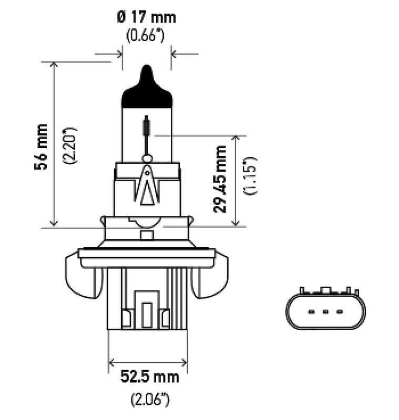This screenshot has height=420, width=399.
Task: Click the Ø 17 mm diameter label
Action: tap(147, 17)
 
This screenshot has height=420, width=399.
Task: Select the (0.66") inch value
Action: tap(145, 35)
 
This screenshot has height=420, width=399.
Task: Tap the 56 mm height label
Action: tap(41, 147)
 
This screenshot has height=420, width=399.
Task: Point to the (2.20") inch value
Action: tap(70, 146)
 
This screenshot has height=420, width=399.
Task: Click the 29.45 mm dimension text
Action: tap(220, 179)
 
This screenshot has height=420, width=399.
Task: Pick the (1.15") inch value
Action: tap(250, 176)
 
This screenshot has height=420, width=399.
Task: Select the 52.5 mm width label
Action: tap(150, 376)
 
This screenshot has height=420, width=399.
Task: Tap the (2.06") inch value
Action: tap(150, 400)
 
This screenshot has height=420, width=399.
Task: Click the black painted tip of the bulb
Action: tap(147, 88)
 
